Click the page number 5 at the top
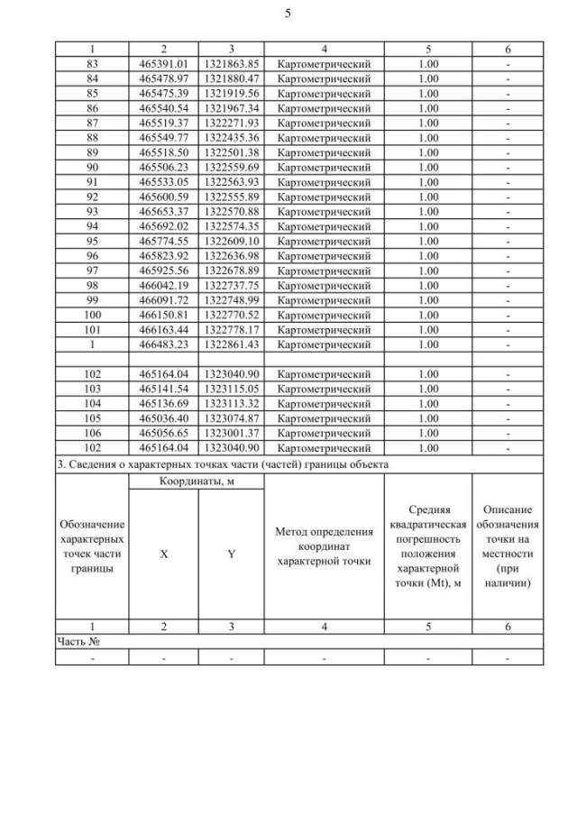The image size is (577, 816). point(288,14)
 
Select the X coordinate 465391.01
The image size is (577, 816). point(163,64)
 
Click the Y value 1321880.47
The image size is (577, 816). point(231,78)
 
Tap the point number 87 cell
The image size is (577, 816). point(91,123)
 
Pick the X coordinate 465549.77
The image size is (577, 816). point(163,137)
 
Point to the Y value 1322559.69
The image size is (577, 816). point(231,167)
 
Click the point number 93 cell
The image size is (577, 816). point(91,211)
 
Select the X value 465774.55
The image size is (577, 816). point(163,241)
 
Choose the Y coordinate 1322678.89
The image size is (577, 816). point(231,270)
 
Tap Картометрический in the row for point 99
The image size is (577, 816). point(324,299)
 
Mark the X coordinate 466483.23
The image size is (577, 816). point(163,344)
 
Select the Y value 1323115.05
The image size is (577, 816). point(231,389)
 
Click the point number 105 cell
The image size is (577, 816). point(91,417)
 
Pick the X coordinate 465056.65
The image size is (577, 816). point(163,433)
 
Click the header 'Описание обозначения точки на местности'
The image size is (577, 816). point(508,546)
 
